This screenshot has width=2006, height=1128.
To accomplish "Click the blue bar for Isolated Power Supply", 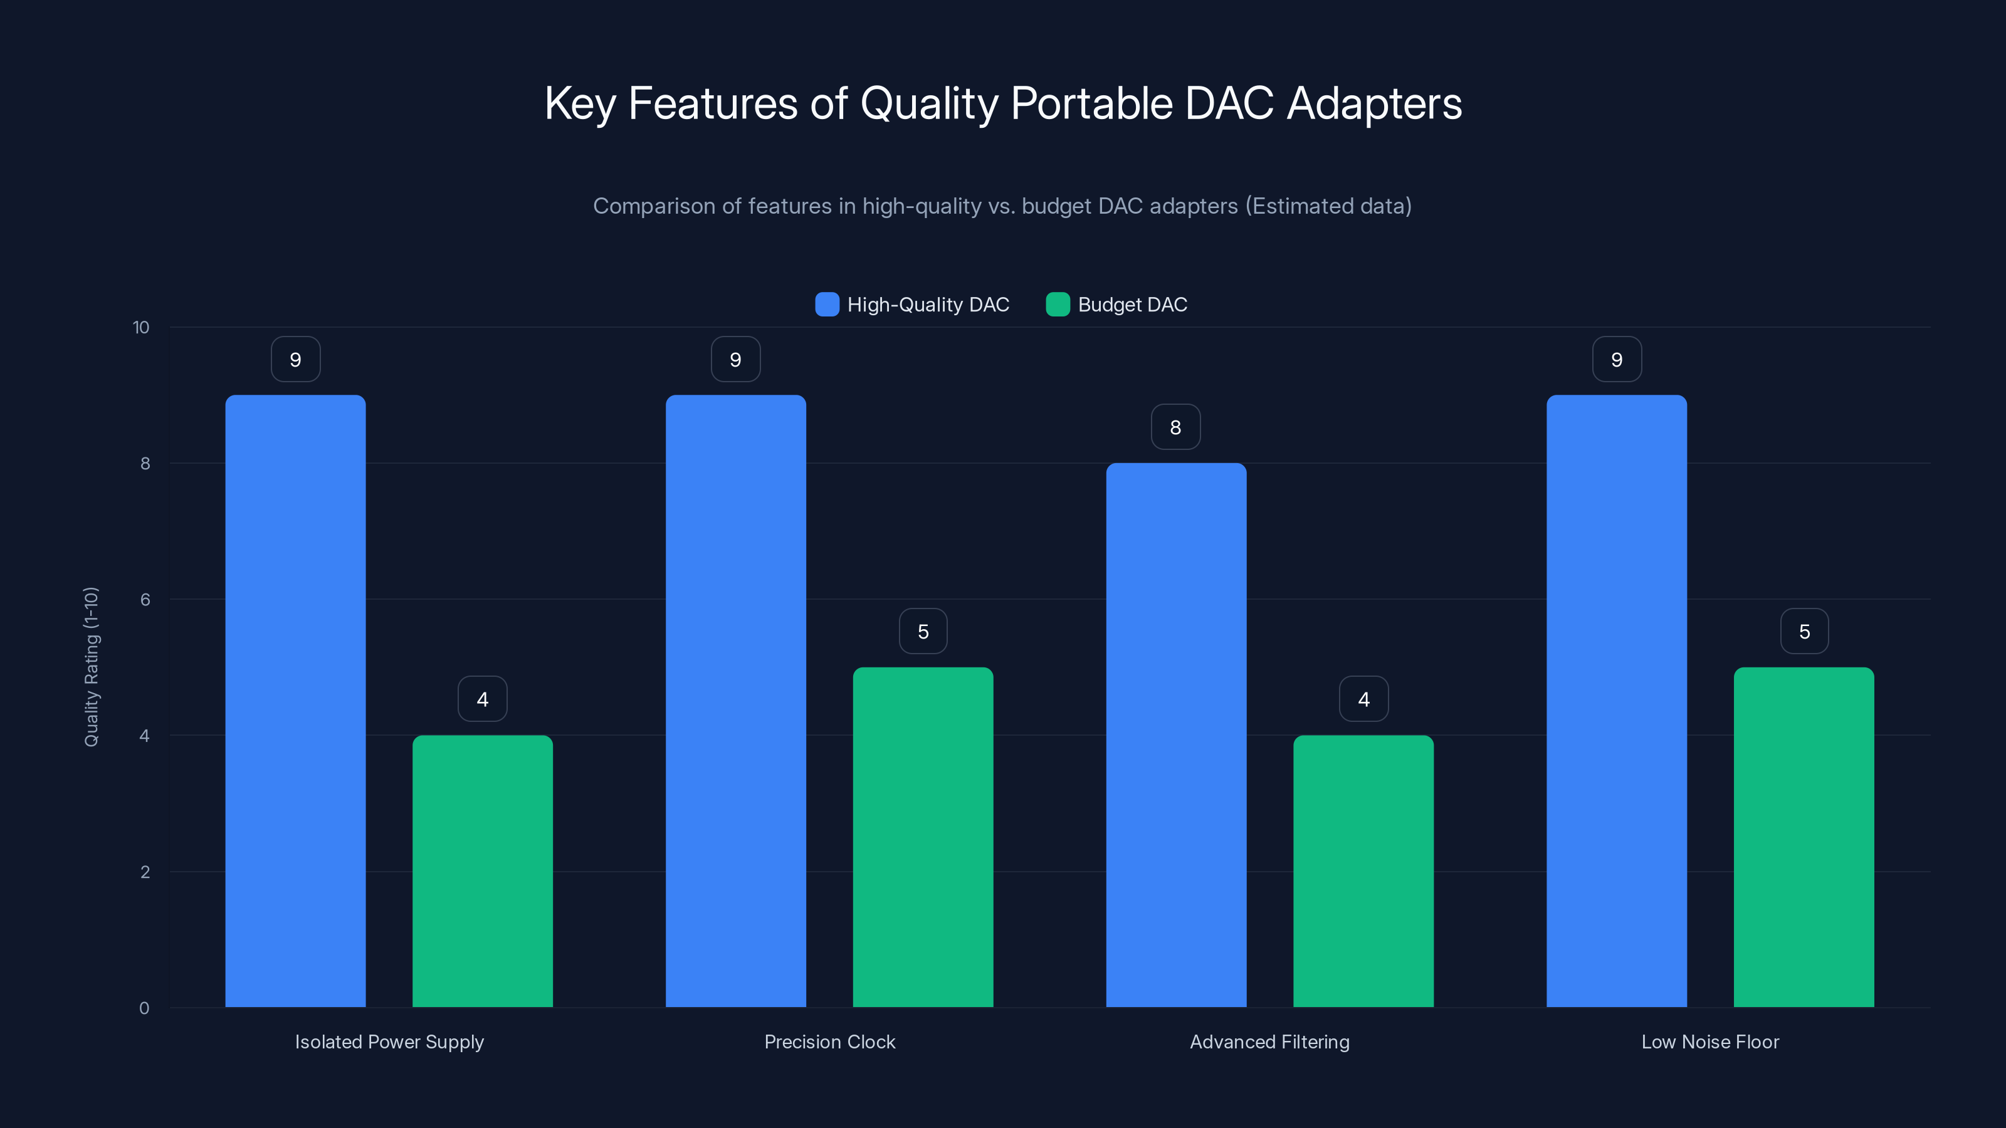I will pyautogui.click(x=295, y=701).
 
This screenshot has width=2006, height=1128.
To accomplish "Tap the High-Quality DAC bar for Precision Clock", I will pyautogui.click(x=735, y=701).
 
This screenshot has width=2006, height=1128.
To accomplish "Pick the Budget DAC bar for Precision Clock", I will pyautogui.click(x=923, y=837).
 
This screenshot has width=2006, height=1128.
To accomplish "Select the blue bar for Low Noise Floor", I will pyautogui.click(x=1616, y=701).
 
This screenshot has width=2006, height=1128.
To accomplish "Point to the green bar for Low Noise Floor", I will pyautogui.click(x=1804, y=837).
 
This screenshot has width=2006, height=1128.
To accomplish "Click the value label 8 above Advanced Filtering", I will pyautogui.click(x=1176, y=427).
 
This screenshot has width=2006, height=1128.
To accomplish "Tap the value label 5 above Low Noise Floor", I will pyautogui.click(x=1804, y=631).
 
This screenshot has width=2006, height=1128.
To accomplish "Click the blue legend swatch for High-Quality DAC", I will pyautogui.click(x=826, y=305).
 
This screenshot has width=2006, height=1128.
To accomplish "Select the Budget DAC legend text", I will pyautogui.click(x=1132, y=305).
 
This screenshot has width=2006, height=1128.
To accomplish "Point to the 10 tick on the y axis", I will pyautogui.click(x=141, y=328).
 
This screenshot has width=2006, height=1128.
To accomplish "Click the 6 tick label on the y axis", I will pyautogui.click(x=145, y=600).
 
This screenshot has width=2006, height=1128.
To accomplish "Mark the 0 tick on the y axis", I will pyautogui.click(x=144, y=1008).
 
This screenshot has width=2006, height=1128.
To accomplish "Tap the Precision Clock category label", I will pyautogui.click(x=829, y=1042).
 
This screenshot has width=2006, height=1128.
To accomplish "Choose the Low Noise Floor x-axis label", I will pyautogui.click(x=1710, y=1042).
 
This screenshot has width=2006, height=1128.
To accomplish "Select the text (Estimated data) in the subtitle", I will pyautogui.click(x=1328, y=206).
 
